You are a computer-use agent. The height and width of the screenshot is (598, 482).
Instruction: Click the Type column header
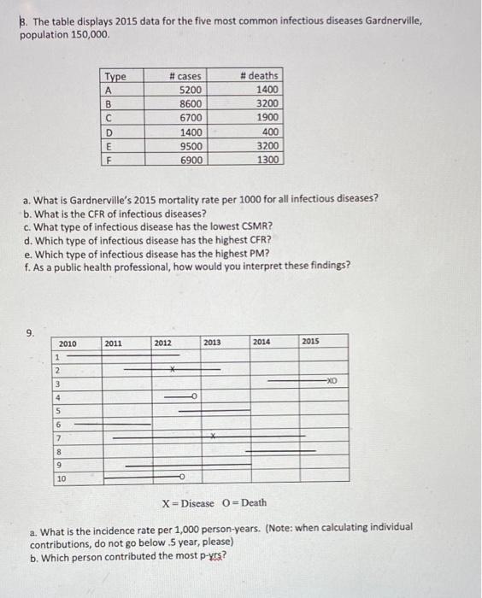pyautogui.click(x=115, y=76)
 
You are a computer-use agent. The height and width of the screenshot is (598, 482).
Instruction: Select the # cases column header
pyautogui.click(x=185, y=76)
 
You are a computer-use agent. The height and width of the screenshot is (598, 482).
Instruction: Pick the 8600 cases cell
pyautogui.click(x=189, y=103)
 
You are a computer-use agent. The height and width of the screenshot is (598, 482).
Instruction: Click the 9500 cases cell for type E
pyautogui.click(x=189, y=145)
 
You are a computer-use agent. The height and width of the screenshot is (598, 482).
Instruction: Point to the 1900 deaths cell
pyautogui.click(x=266, y=117)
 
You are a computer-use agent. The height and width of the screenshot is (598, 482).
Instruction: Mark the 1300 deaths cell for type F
pyautogui.click(x=266, y=159)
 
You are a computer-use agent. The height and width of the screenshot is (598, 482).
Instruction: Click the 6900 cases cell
pyautogui.click(x=189, y=159)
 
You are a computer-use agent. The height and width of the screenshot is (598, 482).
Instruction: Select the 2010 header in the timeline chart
pyautogui.click(x=68, y=343)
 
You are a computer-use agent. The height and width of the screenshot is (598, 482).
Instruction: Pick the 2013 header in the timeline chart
pyautogui.click(x=212, y=343)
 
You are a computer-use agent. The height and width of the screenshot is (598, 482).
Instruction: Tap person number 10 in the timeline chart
pyautogui.click(x=61, y=479)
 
